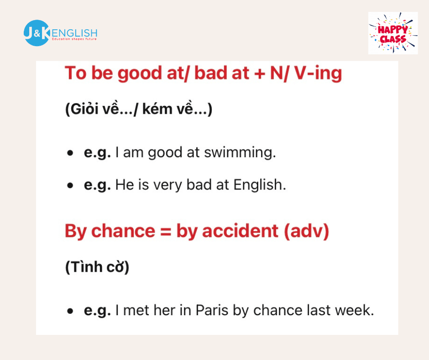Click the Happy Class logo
point(393,33)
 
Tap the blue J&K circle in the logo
point(37,33)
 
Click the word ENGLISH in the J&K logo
point(74,33)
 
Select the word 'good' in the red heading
point(140,74)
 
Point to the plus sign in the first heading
point(259,74)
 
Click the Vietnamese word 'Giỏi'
point(82,109)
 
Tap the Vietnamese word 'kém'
point(157,109)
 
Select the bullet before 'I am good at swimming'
point(70,153)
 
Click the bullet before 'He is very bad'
point(70,185)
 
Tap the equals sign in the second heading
point(166,231)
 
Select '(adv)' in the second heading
point(306,231)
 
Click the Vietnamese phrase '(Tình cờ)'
point(97,267)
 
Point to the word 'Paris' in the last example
point(212,310)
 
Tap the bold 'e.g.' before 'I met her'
point(97,311)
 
